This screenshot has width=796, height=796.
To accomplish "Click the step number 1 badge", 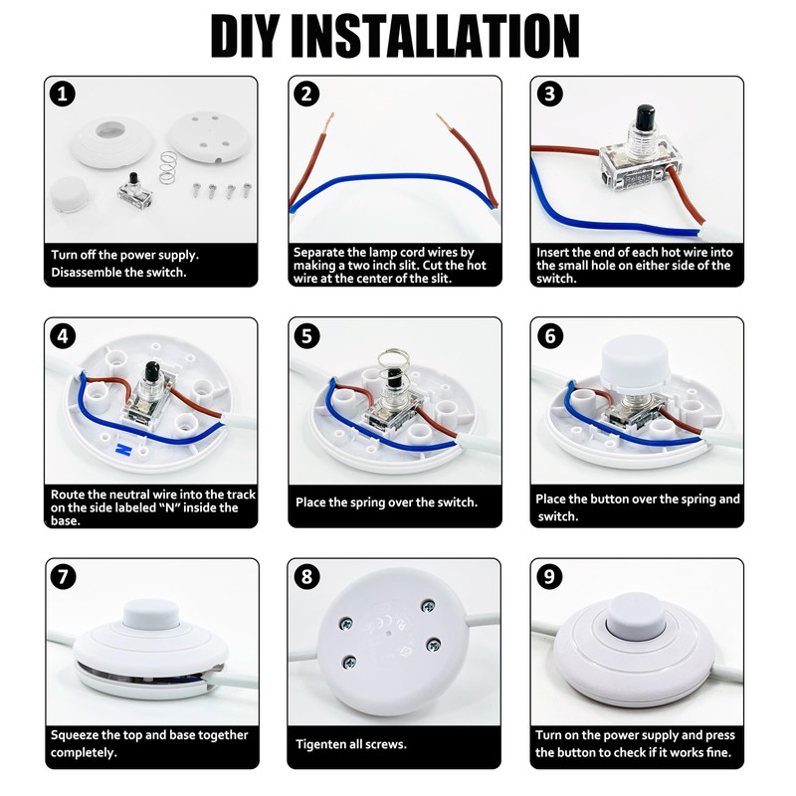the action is (x=63, y=95).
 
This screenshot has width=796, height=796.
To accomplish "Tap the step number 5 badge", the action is (x=306, y=336).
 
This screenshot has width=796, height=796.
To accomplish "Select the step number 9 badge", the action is (x=549, y=577).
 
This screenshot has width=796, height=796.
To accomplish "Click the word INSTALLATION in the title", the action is (x=435, y=36).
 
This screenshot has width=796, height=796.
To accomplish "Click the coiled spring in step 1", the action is (x=167, y=167).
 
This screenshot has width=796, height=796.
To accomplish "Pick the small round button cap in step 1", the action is (x=69, y=194).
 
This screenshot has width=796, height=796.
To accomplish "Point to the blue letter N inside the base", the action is (x=124, y=450).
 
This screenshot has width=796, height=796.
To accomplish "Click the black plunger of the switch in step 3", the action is (x=645, y=115).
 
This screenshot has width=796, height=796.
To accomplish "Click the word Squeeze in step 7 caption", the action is (x=74, y=735).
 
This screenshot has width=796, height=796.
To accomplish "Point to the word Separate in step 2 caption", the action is (x=317, y=253).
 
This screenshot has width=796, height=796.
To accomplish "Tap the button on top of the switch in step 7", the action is (x=151, y=613).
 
